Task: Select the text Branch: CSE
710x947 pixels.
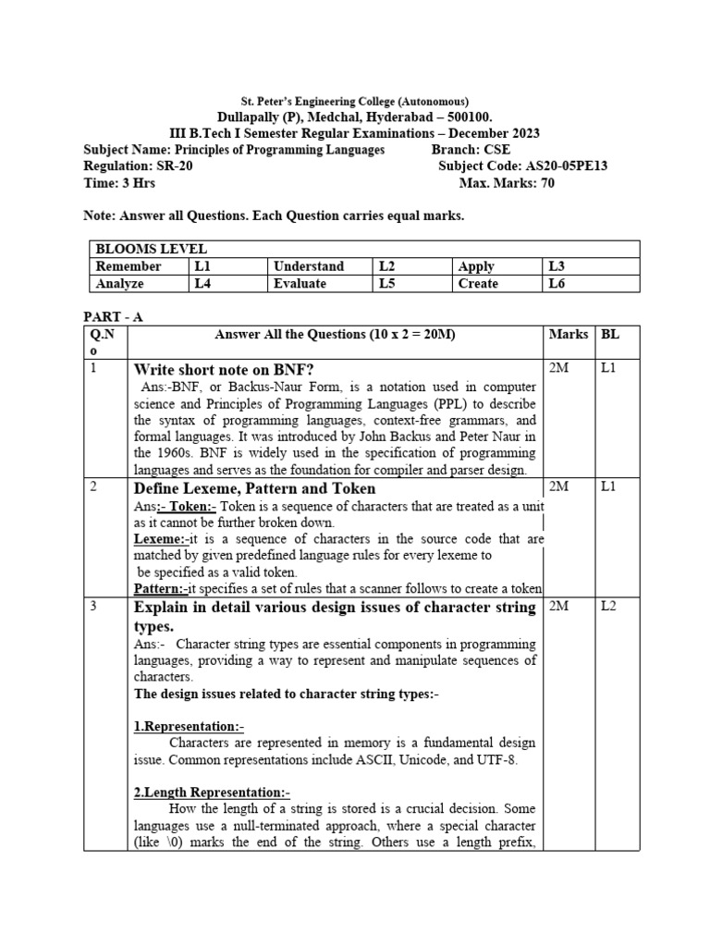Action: (x=471, y=150)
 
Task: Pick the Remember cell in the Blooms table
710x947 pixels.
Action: (x=129, y=266)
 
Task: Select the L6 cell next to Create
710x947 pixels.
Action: (x=557, y=284)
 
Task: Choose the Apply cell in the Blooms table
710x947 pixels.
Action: (x=476, y=266)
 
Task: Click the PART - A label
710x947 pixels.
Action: (x=113, y=316)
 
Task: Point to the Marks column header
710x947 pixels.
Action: (x=568, y=334)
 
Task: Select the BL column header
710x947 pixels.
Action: (x=610, y=334)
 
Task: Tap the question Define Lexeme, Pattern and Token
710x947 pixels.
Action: (x=255, y=488)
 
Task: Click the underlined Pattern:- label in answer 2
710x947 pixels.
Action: (x=161, y=589)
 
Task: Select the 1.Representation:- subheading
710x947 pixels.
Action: (x=189, y=726)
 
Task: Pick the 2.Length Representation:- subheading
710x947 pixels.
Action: (x=212, y=793)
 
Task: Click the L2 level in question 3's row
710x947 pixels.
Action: (x=609, y=607)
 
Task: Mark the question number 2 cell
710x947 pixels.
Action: (x=94, y=487)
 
